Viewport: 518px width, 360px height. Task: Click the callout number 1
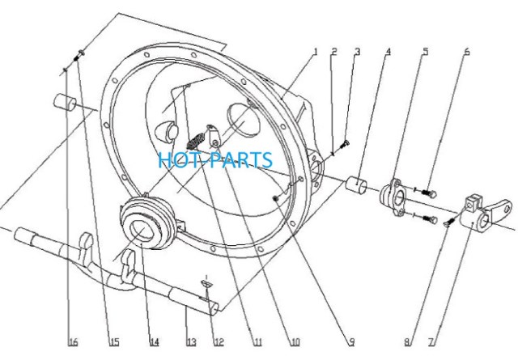click(x=315, y=52)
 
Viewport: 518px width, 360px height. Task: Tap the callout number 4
click(x=388, y=52)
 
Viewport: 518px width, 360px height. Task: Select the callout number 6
click(x=467, y=52)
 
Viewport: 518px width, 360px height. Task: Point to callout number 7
click(x=432, y=342)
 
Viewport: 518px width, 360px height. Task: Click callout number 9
click(x=351, y=342)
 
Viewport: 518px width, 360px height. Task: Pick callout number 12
click(x=219, y=342)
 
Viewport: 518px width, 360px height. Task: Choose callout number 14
click(x=153, y=342)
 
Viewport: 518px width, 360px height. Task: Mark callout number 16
click(x=73, y=342)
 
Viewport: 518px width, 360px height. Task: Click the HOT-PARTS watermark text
click(x=215, y=160)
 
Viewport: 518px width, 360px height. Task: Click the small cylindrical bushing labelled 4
click(x=356, y=184)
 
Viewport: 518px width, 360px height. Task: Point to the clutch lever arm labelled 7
click(x=486, y=213)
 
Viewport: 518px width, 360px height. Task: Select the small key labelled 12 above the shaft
click(x=206, y=284)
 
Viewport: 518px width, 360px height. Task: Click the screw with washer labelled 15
click(x=79, y=55)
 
